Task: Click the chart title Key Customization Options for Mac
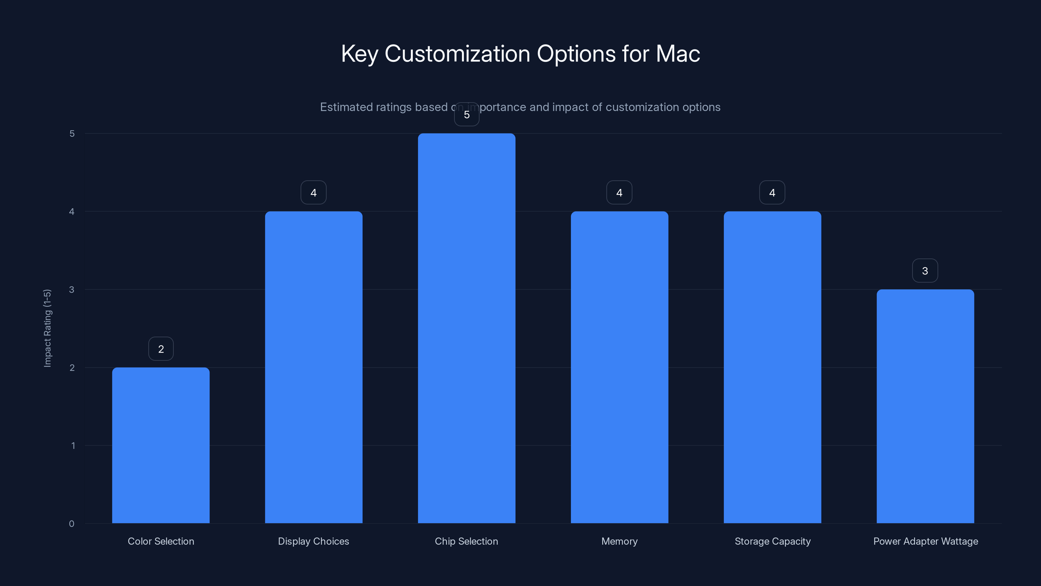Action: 520,54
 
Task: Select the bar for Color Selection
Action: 161,445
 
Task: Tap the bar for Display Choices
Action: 314,367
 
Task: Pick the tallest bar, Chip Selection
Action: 466,328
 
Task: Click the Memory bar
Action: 619,367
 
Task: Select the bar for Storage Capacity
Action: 772,367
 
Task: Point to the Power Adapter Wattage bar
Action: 925,406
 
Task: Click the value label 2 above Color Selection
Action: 161,349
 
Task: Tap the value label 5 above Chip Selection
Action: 467,115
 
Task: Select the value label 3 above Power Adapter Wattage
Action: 925,271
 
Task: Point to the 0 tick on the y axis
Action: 72,524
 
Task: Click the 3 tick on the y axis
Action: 72,289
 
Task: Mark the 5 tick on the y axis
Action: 72,133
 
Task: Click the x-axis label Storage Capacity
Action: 772,541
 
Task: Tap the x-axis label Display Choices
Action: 314,541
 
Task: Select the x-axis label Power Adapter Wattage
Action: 926,541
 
